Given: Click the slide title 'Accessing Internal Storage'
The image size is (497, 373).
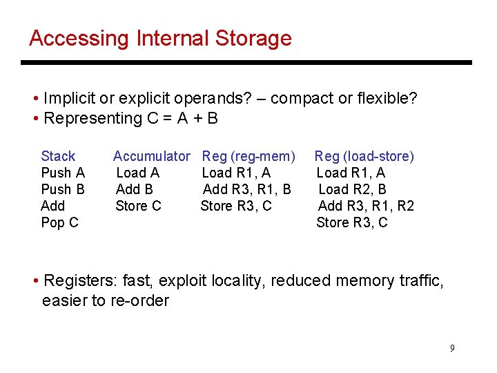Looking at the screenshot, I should [160, 38].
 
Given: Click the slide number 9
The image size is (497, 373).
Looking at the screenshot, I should [452, 348].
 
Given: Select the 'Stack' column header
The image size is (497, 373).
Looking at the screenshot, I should [58, 156].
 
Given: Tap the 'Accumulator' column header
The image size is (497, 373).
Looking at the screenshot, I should [151, 156].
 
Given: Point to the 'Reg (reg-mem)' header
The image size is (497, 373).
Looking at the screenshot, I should [248, 156].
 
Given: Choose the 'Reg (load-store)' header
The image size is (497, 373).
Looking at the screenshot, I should [364, 156].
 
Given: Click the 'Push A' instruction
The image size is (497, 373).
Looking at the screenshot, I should [63, 173].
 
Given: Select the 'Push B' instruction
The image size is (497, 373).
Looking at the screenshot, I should [63, 189].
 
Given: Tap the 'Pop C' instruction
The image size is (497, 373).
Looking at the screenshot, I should [59, 222].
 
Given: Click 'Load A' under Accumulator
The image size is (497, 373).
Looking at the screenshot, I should [137, 173].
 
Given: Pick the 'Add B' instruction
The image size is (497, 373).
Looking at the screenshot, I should [135, 189].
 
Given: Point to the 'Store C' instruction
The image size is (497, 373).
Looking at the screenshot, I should [138, 206].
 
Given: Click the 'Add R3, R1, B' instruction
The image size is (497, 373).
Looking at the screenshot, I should [247, 189].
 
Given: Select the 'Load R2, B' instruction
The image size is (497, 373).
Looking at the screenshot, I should [352, 189].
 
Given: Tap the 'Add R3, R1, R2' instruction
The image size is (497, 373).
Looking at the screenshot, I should [366, 206].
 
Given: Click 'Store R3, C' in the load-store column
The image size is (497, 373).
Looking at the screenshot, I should [352, 222].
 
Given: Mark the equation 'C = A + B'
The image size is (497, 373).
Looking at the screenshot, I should [183, 118].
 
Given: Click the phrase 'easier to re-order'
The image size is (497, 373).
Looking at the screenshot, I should [106, 300].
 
